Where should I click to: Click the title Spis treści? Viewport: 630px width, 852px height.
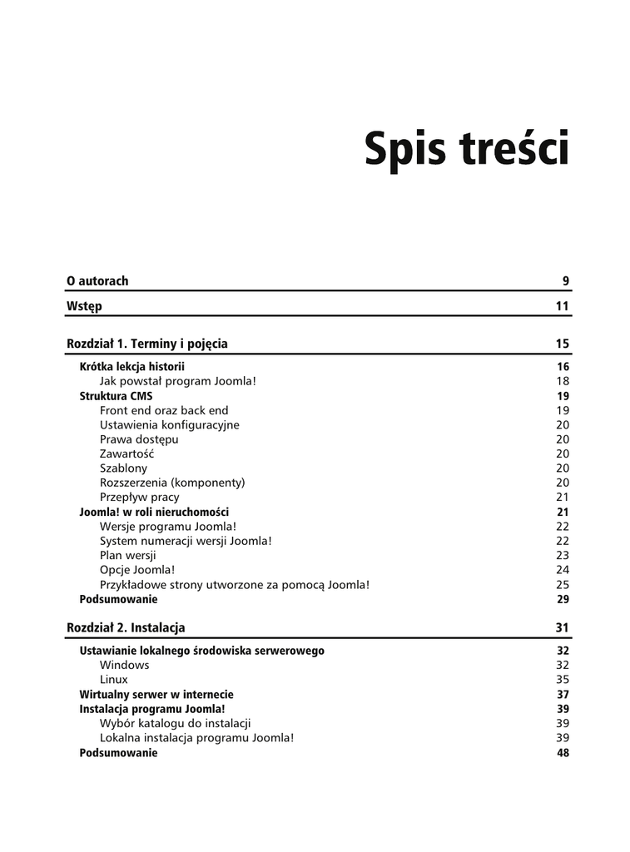[x=467, y=151]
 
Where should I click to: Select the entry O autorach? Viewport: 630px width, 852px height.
[x=97, y=281]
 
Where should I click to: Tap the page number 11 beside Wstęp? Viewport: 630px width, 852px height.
[x=563, y=306]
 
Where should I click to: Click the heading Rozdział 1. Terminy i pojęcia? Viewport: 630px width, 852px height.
[x=147, y=344]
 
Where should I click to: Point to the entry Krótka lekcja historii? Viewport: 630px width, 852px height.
[x=131, y=367]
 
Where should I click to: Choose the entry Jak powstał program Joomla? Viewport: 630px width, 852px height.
[x=178, y=381]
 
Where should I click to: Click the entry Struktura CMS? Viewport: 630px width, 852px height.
[x=116, y=396]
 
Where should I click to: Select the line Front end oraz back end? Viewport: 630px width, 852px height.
[x=164, y=410]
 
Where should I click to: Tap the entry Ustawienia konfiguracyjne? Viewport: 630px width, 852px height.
[x=169, y=425]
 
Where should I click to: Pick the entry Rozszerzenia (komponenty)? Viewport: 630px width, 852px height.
[x=172, y=483]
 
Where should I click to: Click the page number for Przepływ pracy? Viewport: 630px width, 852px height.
[x=563, y=498]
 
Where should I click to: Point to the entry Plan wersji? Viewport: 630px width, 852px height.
[x=128, y=555]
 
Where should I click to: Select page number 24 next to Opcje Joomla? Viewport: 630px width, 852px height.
[x=563, y=570]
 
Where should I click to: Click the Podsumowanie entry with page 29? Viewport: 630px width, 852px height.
[x=118, y=599]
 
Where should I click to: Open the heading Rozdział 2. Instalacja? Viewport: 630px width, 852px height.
[x=126, y=627]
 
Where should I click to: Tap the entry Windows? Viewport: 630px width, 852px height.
[x=125, y=665]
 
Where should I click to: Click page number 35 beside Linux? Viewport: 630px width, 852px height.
[x=563, y=680]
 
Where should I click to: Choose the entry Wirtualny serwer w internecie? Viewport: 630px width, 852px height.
[x=156, y=695]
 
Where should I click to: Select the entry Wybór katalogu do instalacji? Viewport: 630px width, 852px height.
[x=176, y=724]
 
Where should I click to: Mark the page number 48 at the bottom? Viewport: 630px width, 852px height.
[x=563, y=753]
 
